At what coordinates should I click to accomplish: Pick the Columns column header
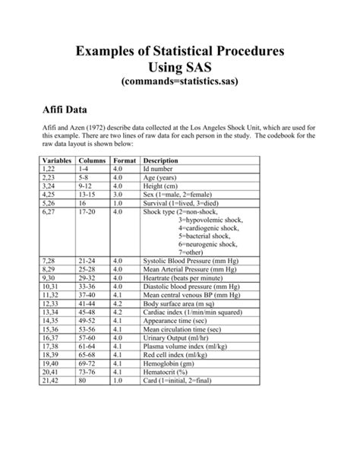(x=92, y=161)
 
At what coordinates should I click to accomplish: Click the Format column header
(x=125, y=161)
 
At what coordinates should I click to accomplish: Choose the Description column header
(x=161, y=161)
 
